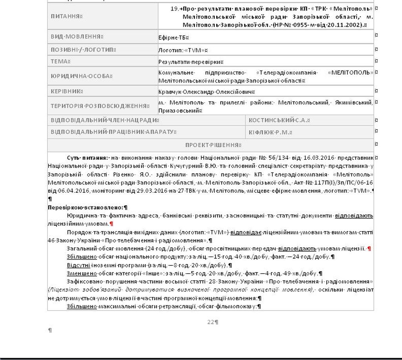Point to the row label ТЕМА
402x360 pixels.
point(60,62)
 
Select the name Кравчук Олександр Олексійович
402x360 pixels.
point(206,91)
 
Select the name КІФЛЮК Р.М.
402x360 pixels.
point(270,132)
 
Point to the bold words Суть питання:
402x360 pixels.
point(87,158)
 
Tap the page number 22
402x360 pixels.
point(211,322)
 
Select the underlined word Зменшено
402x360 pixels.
point(82,274)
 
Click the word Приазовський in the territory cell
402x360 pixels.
point(179,111)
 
